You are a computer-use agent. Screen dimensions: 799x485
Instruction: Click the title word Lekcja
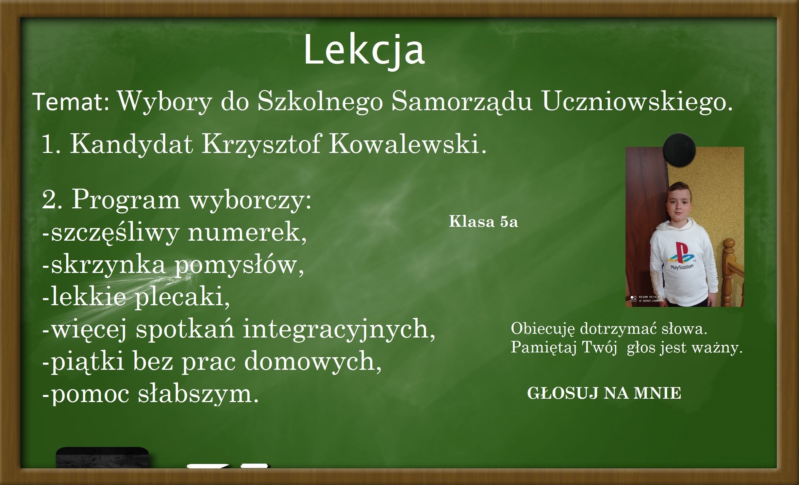point(364,50)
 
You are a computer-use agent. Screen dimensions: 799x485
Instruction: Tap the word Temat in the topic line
point(71,102)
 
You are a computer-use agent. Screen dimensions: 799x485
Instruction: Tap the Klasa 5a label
point(483,222)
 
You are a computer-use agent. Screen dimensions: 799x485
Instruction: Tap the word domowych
point(313,361)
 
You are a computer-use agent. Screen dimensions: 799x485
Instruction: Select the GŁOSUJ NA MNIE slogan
point(604,393)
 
